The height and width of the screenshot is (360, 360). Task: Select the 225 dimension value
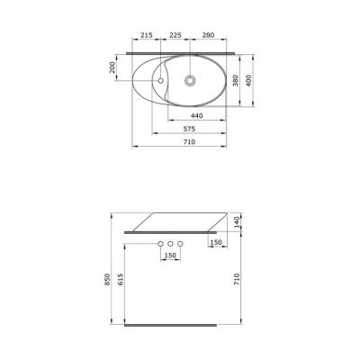176,36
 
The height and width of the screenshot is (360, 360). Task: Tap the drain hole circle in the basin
190,80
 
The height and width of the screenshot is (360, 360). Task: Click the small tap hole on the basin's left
161,81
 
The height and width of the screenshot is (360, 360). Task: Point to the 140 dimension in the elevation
237,221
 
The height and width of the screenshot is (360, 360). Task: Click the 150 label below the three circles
170,256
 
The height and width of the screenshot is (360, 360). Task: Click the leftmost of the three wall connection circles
160,245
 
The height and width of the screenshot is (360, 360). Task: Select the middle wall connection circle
170,245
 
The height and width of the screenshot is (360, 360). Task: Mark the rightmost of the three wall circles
180,245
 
